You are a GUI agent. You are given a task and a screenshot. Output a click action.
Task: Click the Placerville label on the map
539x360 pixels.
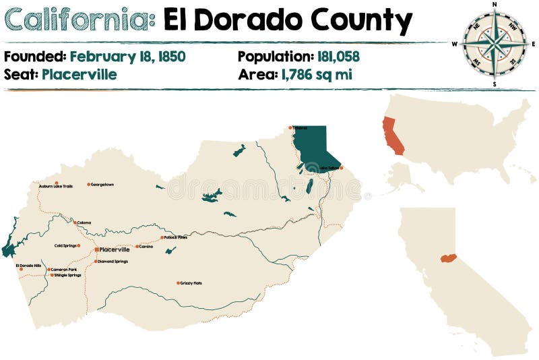click(115, 249)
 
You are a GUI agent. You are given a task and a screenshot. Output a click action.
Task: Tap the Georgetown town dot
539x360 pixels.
click(88, 184)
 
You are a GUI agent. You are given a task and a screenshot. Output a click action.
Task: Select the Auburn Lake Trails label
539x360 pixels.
click(55, 186)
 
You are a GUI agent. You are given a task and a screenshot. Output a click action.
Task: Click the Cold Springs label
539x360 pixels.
click(66, 245)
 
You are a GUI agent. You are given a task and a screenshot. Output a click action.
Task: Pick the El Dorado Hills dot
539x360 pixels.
click(22, 269)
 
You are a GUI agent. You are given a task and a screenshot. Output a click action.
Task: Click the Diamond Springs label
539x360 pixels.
click(113, 261)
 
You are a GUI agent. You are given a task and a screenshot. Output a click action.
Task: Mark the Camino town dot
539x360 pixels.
click(137, 247)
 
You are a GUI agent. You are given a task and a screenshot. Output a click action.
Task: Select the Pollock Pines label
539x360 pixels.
click(175, 237)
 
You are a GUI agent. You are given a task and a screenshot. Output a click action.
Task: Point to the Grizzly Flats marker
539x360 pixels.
click(178, 283)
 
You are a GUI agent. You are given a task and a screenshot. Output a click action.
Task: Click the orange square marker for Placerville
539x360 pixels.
click(97, 249)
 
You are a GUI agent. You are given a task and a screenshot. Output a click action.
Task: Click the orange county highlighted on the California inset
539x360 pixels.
click(448, 258)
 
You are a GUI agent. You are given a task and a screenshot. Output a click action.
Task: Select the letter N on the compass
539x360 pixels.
click(495, 4)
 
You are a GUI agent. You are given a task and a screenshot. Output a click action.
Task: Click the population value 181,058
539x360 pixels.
click(328, 57)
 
